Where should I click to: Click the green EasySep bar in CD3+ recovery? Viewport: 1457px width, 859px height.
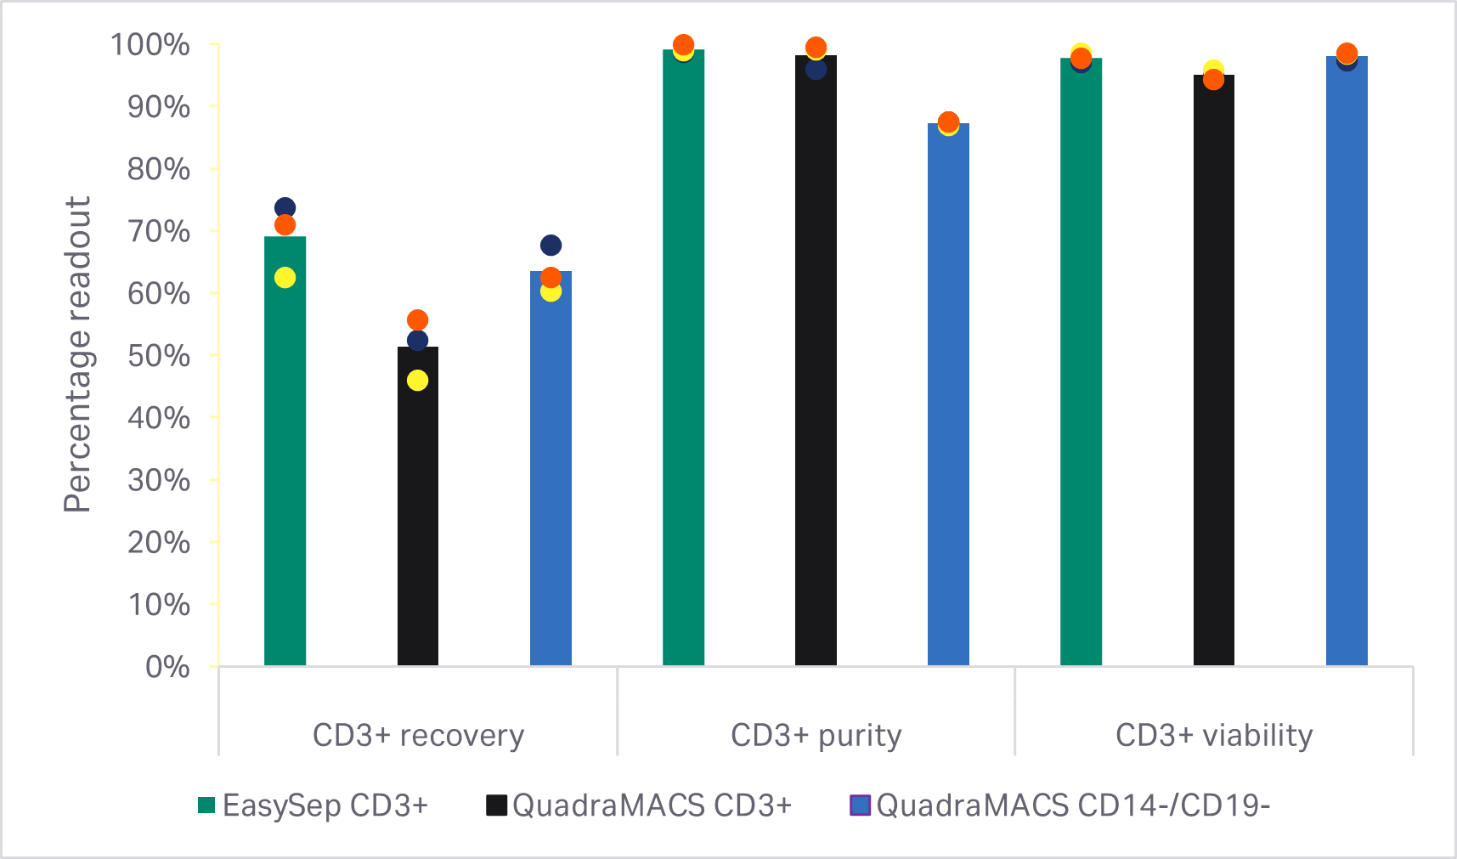(285, 450)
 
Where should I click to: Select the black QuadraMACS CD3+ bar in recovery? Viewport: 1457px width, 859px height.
(417, 510)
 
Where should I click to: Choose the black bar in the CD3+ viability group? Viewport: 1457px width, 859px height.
(1213, 374)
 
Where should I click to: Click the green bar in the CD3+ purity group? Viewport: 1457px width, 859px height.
(683, 357)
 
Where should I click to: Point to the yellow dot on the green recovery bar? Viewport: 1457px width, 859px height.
(285, 278)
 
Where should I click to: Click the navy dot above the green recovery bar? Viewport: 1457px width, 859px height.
(285, 208)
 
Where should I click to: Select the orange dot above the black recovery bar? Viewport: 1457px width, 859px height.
(417, 320)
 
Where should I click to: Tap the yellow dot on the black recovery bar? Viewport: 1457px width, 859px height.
(417, 381)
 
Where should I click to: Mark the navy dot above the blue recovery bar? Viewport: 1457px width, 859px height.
(551, 246)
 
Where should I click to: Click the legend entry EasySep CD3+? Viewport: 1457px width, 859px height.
(313, 805)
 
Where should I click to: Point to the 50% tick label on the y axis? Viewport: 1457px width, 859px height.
(159, 356)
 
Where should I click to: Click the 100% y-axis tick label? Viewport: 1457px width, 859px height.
(150, 45)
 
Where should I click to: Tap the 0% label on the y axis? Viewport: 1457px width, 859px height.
(167, 667)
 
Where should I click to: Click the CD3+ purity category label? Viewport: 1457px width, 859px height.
(816, 735)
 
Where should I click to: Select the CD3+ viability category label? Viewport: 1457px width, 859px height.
(1213, 735)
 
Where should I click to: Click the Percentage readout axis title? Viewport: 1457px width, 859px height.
(77, 354)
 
